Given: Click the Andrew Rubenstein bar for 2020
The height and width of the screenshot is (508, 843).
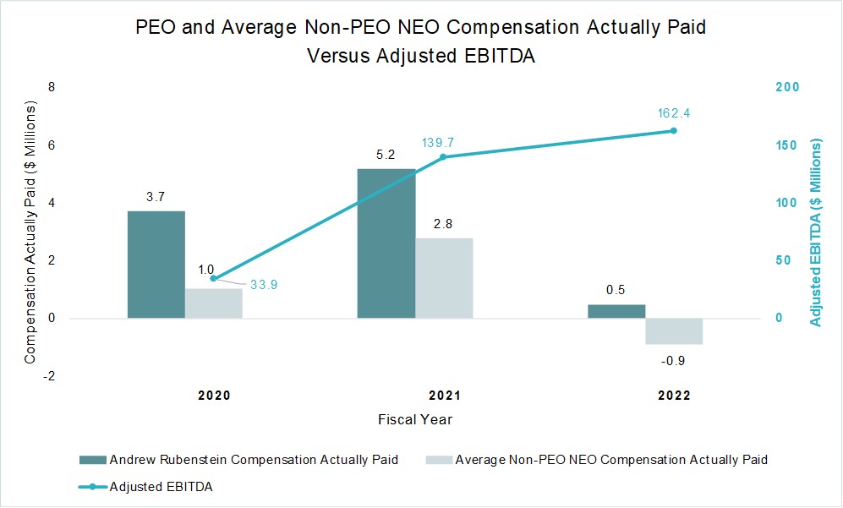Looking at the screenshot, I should point(156,265).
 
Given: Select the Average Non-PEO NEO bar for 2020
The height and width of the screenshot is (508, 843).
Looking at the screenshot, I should point(213,303).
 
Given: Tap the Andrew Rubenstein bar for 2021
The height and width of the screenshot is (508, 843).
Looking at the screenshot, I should point(386,243).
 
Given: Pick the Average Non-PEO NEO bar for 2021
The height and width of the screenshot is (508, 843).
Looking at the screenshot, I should point(444,278).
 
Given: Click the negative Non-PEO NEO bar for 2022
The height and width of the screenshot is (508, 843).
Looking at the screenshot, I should point(674,331).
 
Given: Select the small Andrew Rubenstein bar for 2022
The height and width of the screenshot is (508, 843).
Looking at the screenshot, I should point(616,311).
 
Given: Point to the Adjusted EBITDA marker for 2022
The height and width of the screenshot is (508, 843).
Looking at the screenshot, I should point(674,131).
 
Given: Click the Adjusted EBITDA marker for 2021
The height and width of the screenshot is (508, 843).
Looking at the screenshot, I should point(444,157).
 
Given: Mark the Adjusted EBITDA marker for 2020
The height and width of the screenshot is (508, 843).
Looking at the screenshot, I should point(213,278).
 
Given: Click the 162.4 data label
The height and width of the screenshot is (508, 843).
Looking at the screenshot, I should point(674,113).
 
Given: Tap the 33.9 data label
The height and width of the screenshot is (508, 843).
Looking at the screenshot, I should point(264,285).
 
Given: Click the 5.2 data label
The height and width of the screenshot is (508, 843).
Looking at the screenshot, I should point(386,155).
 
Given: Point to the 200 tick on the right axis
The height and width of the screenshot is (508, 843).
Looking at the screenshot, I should point(788,88).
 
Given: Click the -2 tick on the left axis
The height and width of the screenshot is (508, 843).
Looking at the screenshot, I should point(50,376).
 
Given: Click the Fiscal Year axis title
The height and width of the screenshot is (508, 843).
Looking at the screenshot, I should point(415,419).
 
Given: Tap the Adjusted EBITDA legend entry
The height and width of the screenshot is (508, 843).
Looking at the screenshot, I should point(161,487).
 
